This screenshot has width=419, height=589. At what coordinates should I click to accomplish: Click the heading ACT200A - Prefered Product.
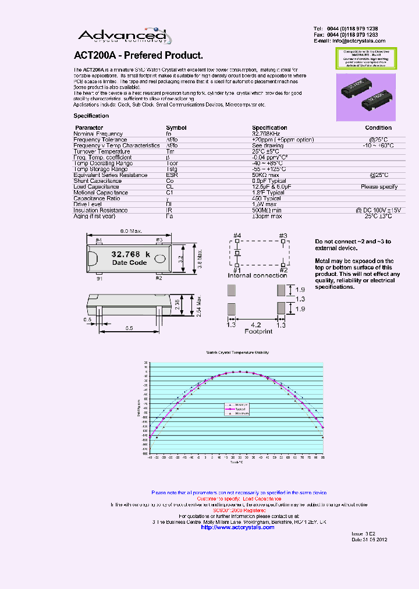[x=139, y=56]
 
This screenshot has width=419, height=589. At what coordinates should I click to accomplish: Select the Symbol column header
[x=176, y=127]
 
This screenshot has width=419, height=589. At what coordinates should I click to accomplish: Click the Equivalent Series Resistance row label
[x=111, y=175]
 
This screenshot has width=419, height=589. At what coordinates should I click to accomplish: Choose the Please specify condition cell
[x=379, y=187]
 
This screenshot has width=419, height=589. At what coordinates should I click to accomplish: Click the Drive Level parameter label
[x=89, y=204]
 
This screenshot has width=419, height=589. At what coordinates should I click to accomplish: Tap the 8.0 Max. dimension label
[x=131, y=232]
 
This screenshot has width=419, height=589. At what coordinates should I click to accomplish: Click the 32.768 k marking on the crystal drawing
[x=130, y=254]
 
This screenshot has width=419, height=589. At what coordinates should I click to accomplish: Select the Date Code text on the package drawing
[x=129, y=262]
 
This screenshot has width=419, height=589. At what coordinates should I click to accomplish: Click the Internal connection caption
[x=257, y=275]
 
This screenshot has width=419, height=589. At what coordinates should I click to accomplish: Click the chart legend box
[x=236, y=409]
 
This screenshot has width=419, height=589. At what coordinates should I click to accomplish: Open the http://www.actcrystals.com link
[x=233, y=527]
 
